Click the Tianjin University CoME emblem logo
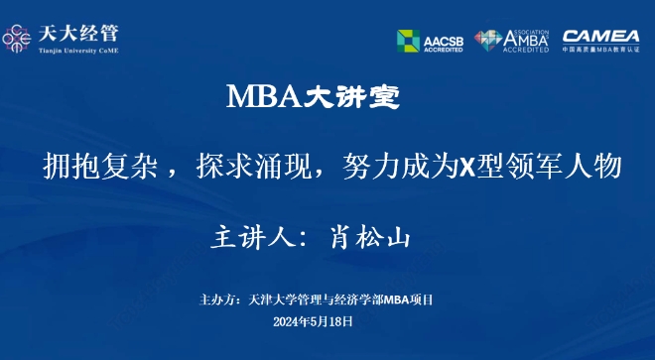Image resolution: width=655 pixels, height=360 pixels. tap(19, 38)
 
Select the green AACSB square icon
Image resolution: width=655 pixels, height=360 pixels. tap(409, 41)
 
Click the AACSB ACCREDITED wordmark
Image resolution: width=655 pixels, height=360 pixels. tap(443, 41)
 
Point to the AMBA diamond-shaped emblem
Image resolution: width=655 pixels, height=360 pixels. tap(488, 41)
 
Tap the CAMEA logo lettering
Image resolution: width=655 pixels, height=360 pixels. tap(600, 36)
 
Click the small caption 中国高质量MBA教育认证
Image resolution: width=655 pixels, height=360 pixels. tap(600, 50)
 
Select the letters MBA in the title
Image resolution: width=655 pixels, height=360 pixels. tap(262, 97)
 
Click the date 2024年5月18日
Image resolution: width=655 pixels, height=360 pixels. tap(313, 321)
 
